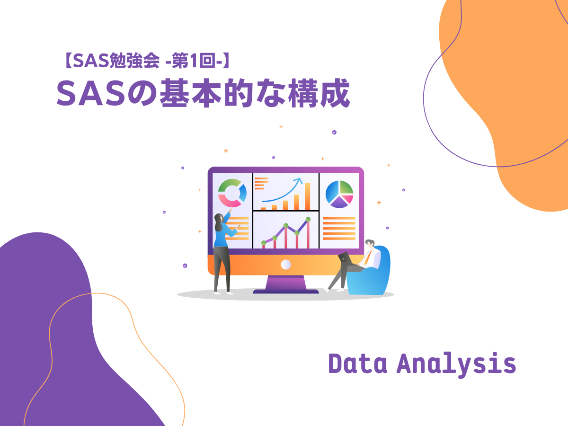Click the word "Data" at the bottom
point(358,364)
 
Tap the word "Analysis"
point(456,364)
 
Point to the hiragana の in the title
point(142,93)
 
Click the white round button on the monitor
point(286,264)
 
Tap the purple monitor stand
point(286,284)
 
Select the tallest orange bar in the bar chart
point(307,196)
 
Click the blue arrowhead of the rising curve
point(300,180)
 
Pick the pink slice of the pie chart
point(347,199)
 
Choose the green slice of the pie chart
point(346,187)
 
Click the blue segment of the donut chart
point(243,193)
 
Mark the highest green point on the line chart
point(308,219)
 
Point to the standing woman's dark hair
point(218,222)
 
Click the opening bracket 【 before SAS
point(68,61)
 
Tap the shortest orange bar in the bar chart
point(263,209)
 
